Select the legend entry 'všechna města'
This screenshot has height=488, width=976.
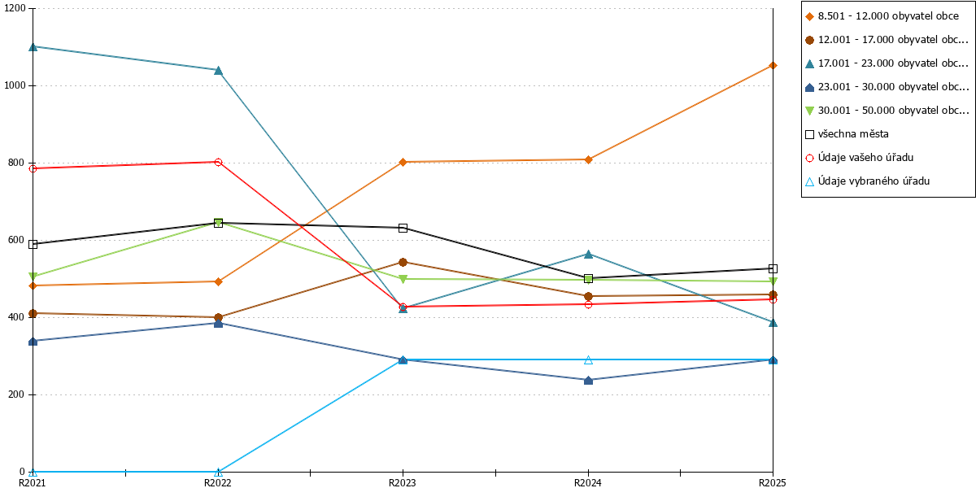click(847, 133)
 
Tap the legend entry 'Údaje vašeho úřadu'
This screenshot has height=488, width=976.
click(859, 157)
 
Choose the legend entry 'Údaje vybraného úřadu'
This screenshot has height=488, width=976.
click(867, 181)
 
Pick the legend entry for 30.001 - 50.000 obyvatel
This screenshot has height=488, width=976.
click(887, 111)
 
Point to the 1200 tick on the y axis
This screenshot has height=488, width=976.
click(15, 8)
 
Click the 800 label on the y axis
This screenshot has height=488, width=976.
click(16, 163)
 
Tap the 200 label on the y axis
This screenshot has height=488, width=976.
click(16, 394)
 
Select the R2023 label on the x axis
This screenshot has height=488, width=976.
click(402, 482)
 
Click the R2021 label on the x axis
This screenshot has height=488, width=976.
click(32, 482)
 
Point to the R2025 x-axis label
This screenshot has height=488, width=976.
click(773, 482)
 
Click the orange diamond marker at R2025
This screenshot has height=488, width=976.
click(773, 66)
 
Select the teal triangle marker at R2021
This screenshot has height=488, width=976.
click(33, 46)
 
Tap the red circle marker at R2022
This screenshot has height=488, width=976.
click(218, 162)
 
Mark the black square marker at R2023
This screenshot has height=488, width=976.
click(403, 228)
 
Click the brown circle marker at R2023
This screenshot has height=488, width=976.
click(403, 262)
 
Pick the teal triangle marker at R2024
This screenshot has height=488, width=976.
click(588, 255)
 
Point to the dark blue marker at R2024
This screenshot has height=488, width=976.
click(588, 381)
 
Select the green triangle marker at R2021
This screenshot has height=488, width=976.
click(33, 277)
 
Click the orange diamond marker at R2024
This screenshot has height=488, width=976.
click(588, 160)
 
